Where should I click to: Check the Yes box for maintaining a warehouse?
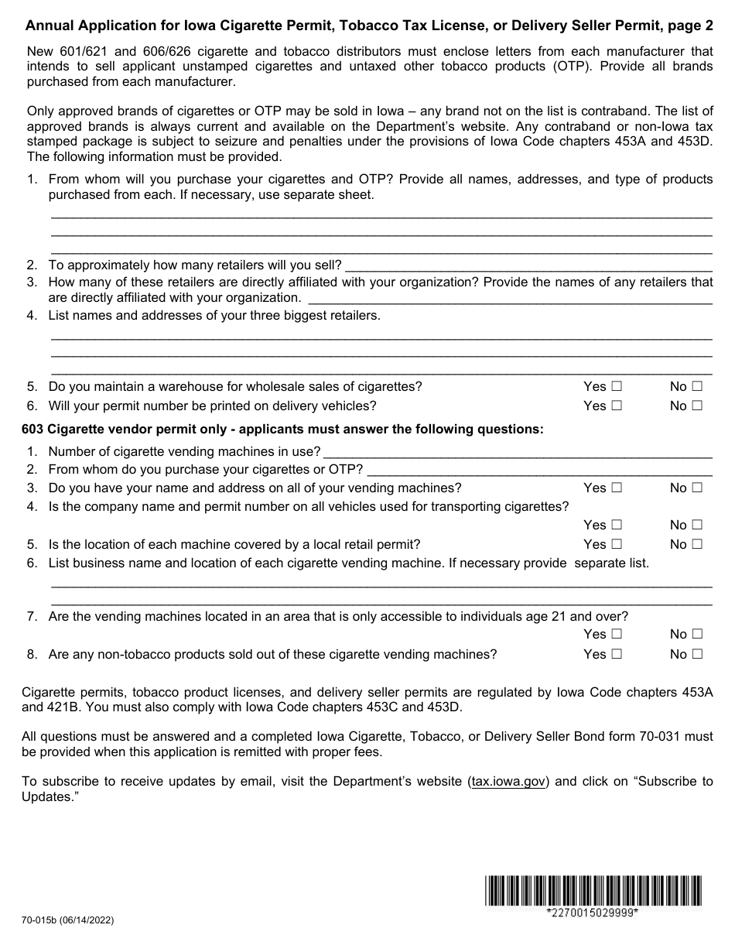pos(617,386)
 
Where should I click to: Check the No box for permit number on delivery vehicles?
pos(697,406)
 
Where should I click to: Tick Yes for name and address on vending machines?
pos(617,488)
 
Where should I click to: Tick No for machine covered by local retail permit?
pos(697,544)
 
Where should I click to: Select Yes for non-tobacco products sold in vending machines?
pos(617,654)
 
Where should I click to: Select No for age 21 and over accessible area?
pos(697,634)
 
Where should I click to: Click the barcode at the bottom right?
pos(593,890)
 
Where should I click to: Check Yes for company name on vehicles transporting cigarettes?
pos(617,525)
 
